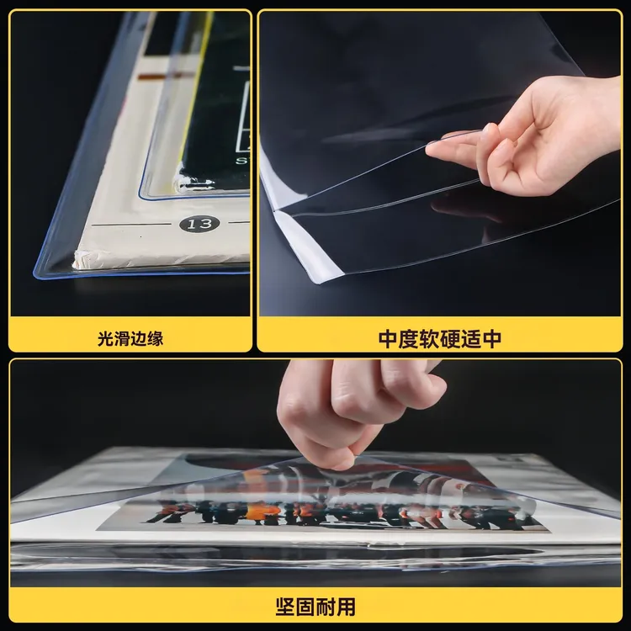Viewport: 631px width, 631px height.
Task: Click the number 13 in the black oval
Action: pyautogui.click(x=199, y=223)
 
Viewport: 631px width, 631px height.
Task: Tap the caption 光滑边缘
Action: pyautogui.click(x=130, y=338)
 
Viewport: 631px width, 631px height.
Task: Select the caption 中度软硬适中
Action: pyautogui.click(x=439, y=339)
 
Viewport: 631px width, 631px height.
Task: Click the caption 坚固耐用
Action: pyautogui.click(x=315, y=607)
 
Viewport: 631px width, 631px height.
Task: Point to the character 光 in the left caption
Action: pyautogui.click(x=105, y=338)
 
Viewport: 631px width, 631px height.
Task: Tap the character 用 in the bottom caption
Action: pyautogui.click(x=346, y=607)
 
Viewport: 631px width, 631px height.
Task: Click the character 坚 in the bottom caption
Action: pyautogui.click(x=285, y=607)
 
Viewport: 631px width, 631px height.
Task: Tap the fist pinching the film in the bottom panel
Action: pyautogui.click(x=358, y=411)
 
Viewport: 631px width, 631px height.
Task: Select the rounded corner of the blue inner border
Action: pyautogui.click(x=143, y=195)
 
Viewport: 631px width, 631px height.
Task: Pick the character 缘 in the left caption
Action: pyautogui.click(x=156, y=338)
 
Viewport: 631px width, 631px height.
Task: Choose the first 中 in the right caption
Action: pyautogui.click(x=389, y=339)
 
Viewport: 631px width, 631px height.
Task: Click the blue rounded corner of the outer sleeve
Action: pyautogui.click(x=39, y=273)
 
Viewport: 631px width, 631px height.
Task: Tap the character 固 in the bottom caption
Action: pyautogui.click(x=305, y=607)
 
